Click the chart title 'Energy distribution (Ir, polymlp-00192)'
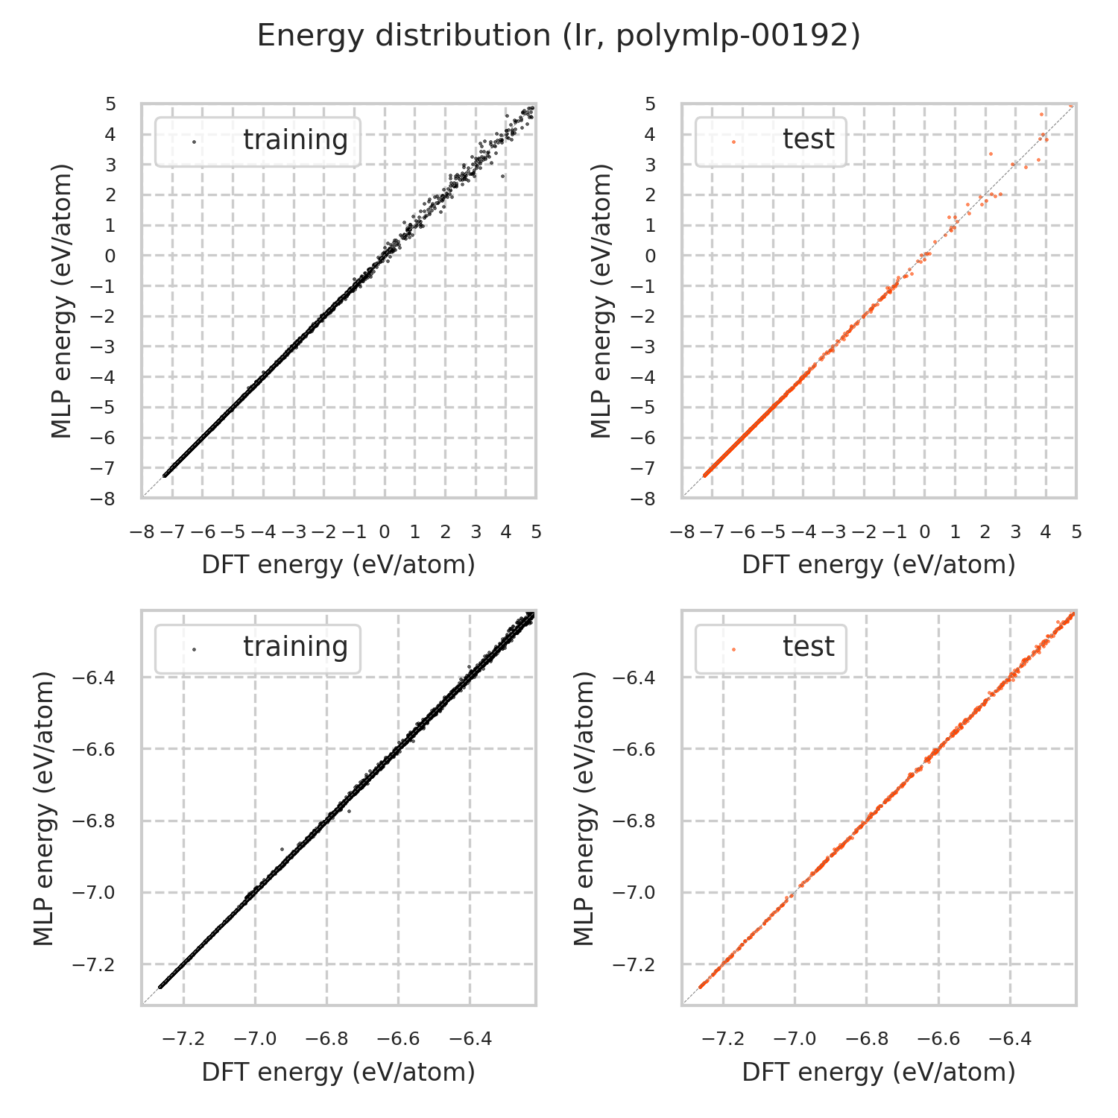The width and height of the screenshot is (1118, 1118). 559,36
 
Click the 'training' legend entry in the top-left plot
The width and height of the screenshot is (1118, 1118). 295,140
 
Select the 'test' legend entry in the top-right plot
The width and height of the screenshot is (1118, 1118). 808,139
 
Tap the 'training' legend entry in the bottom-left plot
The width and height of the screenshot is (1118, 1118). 295,647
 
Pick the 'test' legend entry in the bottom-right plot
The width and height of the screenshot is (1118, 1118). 808,647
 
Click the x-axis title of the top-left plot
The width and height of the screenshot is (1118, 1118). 338,565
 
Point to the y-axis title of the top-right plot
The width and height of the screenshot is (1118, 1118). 601,301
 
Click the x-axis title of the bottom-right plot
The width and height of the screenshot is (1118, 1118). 879,1072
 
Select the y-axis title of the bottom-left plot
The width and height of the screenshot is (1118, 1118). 45,809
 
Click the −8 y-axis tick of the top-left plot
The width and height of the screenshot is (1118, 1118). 106,499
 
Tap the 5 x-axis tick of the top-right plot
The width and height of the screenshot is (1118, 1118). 1076,532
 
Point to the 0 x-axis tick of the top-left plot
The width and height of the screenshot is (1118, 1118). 384,532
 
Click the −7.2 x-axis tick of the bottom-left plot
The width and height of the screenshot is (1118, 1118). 183,1039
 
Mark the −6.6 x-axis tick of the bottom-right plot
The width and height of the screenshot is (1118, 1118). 938,1039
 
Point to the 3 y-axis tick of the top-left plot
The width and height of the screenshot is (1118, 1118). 110,165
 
